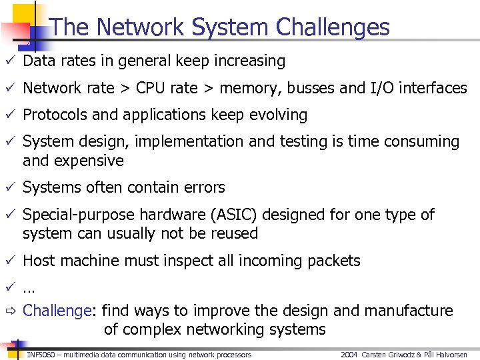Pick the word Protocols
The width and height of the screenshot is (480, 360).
click(55, 115)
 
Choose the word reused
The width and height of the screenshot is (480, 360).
click(233, 233)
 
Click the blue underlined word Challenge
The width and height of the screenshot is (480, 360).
click(56, 311)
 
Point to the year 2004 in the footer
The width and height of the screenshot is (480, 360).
click(349, 355)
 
